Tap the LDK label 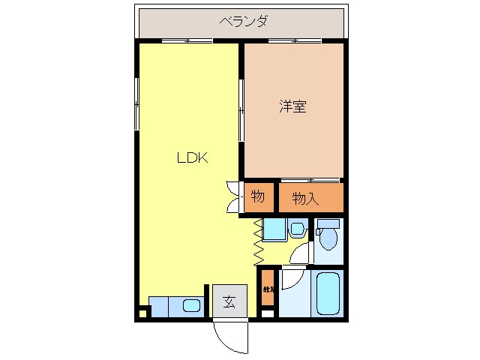click(x=192, y=158)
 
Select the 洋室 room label click(x=292, y=107)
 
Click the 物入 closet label click(x=305, y=199)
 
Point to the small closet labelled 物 click(x=257, y=197)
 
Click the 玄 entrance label click(x=229, y=303)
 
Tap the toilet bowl click(x=327, y=239)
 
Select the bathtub click(x=327, y=293)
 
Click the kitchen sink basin click(x=191, y=305)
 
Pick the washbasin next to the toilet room click(x=296, y=229)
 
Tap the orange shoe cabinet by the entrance click(x=268, y=289)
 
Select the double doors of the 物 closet click(x=232, y=196)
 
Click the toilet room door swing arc click(x=300, y=253)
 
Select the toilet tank click(x=328, y=223)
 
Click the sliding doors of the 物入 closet click(x=311, y=181)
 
